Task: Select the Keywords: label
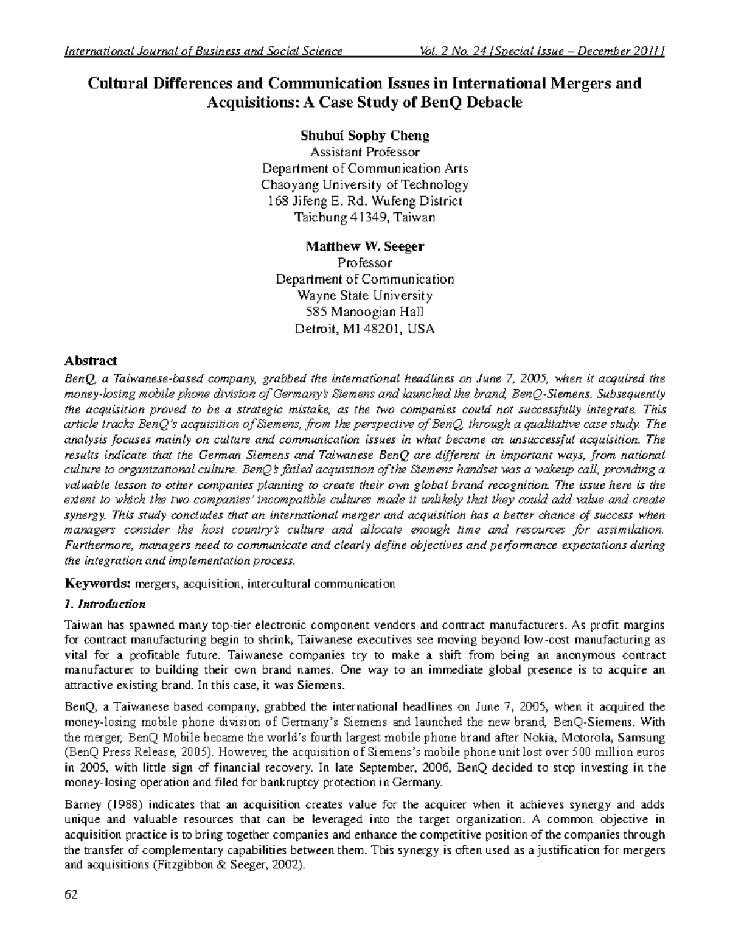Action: click(97, 584)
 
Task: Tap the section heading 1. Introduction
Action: click(105, 604)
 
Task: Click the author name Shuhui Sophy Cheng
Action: click(364, 135)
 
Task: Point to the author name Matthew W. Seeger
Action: click(364, 246)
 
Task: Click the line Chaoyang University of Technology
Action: click(364, 184)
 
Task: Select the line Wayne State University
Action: click(364, 296)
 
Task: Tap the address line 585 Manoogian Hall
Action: click(364, 313)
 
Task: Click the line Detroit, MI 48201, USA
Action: click(364, 329)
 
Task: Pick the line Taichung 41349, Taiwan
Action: click(364, 217)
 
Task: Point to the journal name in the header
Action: click(203, 51)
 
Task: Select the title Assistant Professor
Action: click(364, 152)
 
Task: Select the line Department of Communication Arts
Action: click(364, 168)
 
